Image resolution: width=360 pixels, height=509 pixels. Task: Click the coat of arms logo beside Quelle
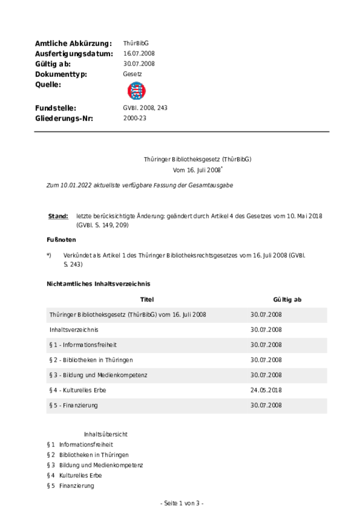click(x=137, y=91)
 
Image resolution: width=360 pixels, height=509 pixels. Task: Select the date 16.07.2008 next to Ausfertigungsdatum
click(x=139, y=53)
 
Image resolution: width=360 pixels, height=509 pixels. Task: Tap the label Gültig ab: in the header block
click(x=53, y=64)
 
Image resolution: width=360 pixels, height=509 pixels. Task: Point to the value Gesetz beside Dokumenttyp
click(x=132, y=74)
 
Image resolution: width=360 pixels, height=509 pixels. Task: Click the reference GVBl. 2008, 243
click(x=145, y=108)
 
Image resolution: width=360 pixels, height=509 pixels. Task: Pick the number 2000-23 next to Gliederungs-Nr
click(x=134, y=118)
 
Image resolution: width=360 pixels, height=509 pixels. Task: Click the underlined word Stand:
click(x=58, y=216)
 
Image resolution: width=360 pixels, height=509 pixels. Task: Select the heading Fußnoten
click(x=61, y=240)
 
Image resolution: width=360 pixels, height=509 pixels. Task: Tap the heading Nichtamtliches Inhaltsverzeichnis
click(x=98, y=284)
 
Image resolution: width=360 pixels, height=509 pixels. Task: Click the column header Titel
click(x=147, y=299)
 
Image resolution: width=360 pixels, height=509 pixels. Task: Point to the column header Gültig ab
click(x=287, y=299)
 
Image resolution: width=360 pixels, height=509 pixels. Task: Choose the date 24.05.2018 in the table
click(x=266, y=390)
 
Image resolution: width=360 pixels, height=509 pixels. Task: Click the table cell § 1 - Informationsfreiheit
click(x=83, y=345)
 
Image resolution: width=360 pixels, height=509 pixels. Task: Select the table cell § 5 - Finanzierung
click(x=74, y=406)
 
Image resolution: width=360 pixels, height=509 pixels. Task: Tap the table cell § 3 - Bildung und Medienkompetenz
click(x=98, y=375)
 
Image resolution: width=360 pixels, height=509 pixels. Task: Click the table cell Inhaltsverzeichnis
click(x=74, y=330)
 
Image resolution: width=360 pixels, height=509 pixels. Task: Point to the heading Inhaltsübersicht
click(x=105, y=434)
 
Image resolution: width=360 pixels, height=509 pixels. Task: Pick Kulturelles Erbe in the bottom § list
click(x=80, y=476)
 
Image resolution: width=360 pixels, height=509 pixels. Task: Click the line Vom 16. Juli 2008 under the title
click(x=197, y=170)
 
